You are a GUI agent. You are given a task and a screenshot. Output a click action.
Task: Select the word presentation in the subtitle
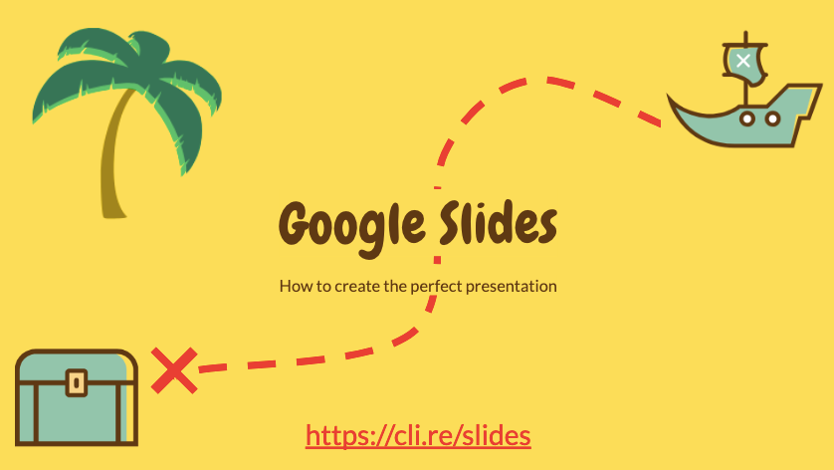click(x=512, y=287)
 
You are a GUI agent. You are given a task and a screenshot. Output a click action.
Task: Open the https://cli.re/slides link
click(x=418, y=435)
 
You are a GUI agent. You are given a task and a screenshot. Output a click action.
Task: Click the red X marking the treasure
click(x=174, y=370)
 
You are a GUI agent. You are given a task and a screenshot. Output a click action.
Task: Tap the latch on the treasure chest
click(x=77, y=382)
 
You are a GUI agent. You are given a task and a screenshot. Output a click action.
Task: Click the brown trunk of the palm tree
click(x=113, y=159)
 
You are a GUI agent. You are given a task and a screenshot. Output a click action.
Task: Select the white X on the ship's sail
click(x=743, y=61)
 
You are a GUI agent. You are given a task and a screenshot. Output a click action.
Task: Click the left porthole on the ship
click(x=747, y=118)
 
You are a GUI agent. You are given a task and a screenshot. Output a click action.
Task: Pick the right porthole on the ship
click(x=773, y=118)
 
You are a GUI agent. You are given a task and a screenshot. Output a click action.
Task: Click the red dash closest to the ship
click(x=649, y=118)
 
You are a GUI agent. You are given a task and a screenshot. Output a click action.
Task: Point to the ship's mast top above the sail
click(x=745, y=37)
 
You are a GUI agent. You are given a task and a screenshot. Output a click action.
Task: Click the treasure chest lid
click(x=77, y=366)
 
